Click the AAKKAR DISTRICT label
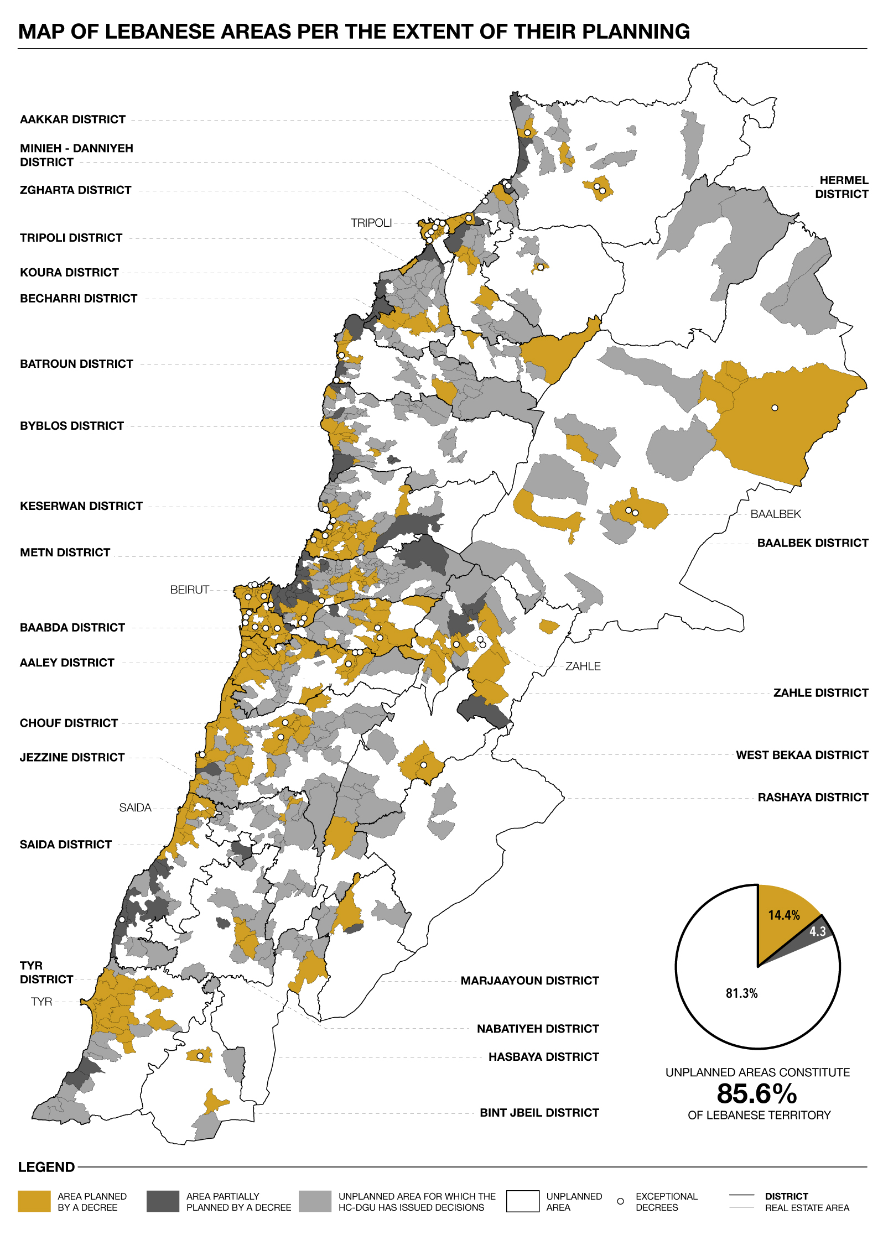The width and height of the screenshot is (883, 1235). point(72,119)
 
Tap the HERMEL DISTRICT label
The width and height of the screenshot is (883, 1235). point(841,187)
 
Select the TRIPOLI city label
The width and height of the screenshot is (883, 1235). point(371,223)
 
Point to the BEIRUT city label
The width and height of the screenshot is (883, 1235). point(189,590)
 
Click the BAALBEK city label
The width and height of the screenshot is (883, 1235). point(775,514)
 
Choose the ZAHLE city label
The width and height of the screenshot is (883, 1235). point(583,666)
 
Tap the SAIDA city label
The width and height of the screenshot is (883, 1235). point(135,807)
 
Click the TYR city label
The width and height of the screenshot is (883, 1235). point(41,1002)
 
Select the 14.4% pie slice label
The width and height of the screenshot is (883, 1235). point(783,915)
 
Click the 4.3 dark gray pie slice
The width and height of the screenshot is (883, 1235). point(817,931)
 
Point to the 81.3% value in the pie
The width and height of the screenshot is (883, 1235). point(741,993)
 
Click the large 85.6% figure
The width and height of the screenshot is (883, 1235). point(757,1094)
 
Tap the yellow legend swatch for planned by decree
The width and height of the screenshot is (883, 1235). point(34,1201)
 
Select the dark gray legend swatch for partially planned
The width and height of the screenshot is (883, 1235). point(163,1201)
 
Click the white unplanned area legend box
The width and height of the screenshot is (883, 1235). point(522,1201)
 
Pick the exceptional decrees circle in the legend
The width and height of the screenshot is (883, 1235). point(620,1201)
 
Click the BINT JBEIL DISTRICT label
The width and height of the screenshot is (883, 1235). point(539,1113)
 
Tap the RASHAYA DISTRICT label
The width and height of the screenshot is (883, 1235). point(812,797)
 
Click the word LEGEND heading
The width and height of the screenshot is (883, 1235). point(46,1167)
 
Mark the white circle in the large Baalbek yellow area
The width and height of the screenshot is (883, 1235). point(775,408)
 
